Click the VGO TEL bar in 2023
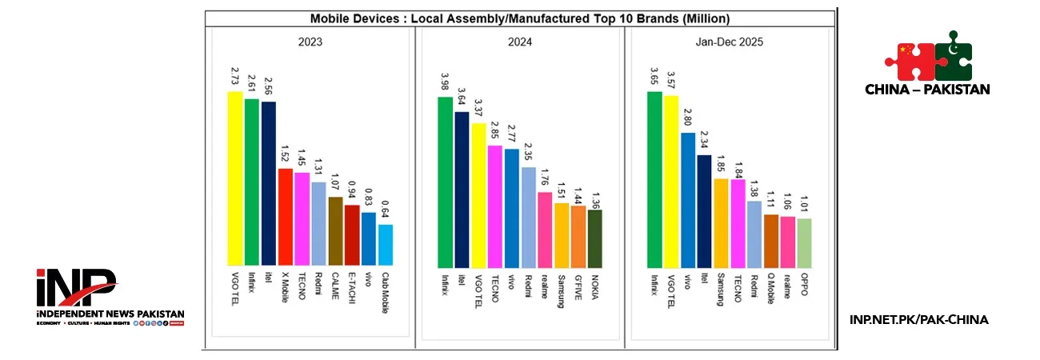pos(235,178)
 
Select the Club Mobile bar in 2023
pos(386,245)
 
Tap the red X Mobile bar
pos(286,217)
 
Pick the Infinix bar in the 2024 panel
pos(445,182)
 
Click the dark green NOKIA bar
pos(595,238)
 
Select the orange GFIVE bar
pos(578,237)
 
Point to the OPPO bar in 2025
pos(804,242)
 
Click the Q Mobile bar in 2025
pos(771,240)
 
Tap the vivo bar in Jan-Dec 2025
pos(688,199)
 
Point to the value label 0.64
pos(386,211)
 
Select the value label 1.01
pos(804,205)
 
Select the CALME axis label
pos(336,286)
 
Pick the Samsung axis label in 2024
pos(562,290)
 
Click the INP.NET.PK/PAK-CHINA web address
pos(918,320)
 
